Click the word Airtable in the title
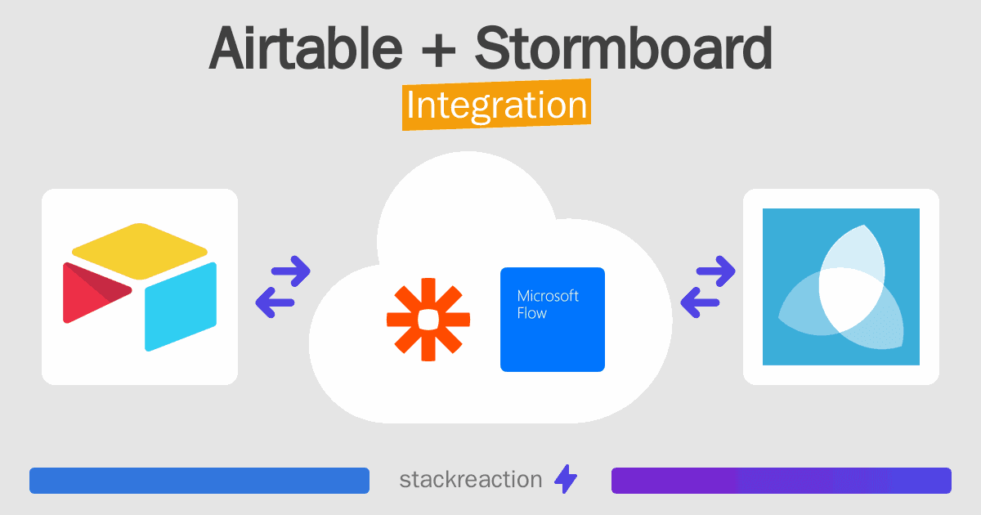[305, 47]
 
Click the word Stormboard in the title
[624, 47]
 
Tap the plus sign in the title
[438, 50]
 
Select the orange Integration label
[497, 105]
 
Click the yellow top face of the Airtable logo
[140, 251]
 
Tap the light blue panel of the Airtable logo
[181, 307]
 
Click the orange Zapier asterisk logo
[428, 320]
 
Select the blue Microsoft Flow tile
[553, 320]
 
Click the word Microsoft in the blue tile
[548, 296]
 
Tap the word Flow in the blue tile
[532, 313]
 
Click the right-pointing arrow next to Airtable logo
[291, 271]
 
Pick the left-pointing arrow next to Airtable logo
[275, 302]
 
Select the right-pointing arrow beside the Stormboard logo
[716, 271]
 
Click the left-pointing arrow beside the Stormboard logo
[700, 302]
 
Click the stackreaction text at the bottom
[471, 480]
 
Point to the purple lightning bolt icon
[566, 479]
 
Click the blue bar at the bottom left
[199, 481]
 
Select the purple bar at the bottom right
[782, 481]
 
